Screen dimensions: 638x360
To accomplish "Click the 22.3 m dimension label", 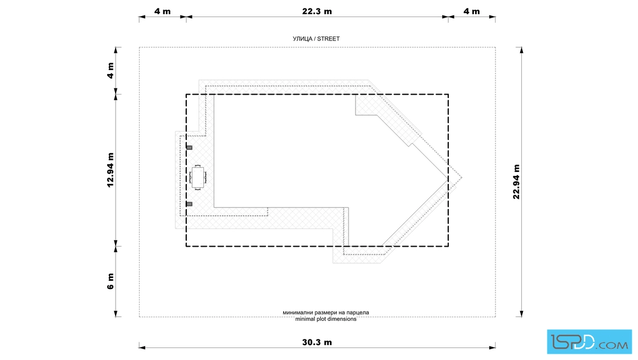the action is [317, 11].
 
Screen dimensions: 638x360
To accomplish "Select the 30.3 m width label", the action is [317, 342].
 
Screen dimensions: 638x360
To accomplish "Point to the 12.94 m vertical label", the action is [111, 170].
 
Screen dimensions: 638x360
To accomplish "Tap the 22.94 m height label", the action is [516, 182].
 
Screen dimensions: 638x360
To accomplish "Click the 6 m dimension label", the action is [111, 281].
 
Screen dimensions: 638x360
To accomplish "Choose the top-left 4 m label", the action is [162, 11].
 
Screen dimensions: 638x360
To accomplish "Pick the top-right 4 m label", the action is [472, 11].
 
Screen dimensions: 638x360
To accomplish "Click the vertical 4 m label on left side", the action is [111, 71].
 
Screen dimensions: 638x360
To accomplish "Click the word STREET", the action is [328, 39].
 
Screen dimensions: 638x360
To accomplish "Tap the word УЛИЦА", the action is [302, 39].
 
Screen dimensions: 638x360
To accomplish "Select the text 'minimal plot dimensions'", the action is [326, 319].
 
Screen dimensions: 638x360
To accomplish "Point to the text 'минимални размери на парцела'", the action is [326, 313].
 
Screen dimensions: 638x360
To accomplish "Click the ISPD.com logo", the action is [589, 342].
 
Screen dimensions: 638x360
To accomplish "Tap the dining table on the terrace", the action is [198, 178].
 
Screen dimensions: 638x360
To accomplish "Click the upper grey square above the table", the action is [189, 148].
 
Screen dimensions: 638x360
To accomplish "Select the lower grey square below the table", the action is [189, 204].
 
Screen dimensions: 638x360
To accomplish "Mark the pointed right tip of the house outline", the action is [462, 177].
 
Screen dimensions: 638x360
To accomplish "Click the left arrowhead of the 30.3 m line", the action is [142, 347].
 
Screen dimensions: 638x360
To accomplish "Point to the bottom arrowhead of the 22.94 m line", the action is [522, 314].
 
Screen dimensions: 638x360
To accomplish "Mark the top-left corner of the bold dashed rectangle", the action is [186, 95].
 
